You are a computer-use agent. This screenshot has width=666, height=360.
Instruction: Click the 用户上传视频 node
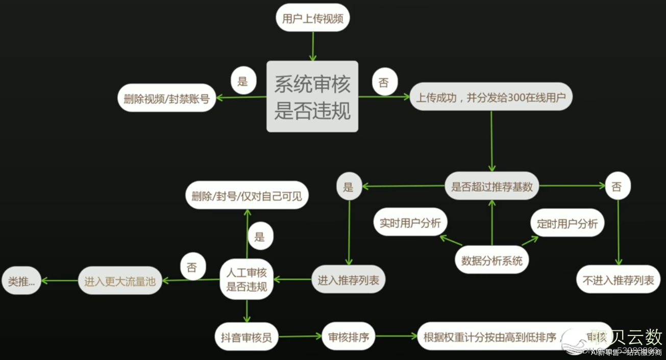click(312, 19)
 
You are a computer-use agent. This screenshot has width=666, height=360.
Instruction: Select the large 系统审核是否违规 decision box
click(312, 97)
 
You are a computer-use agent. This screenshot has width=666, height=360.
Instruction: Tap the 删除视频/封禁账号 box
click(166, 98)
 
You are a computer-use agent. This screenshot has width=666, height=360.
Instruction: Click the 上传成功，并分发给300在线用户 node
click(491, 97)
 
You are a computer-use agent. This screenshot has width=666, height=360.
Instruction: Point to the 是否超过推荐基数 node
click(492, 186)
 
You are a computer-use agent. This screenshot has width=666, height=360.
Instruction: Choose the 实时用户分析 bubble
click(410, 223)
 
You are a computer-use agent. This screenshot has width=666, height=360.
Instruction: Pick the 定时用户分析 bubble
click(568, 223)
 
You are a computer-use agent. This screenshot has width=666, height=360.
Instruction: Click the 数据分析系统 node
click(492, 261)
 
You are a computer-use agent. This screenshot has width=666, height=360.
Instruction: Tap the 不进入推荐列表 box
click(618, 279)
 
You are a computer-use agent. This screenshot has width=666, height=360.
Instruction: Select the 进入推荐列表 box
click(348, 279)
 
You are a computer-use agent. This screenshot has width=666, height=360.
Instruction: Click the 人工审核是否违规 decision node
click(247, 279)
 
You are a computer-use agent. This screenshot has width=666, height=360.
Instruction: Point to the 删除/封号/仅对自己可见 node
click(247, 196)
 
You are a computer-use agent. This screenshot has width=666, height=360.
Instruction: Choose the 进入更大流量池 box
click(120, 280)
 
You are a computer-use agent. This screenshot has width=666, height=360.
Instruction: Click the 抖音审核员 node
click(246, 337)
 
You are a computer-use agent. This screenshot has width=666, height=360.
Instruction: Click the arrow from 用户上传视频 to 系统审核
click(312, 46)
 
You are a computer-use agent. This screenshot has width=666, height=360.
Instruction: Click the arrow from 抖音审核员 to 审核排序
click(301, 336)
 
